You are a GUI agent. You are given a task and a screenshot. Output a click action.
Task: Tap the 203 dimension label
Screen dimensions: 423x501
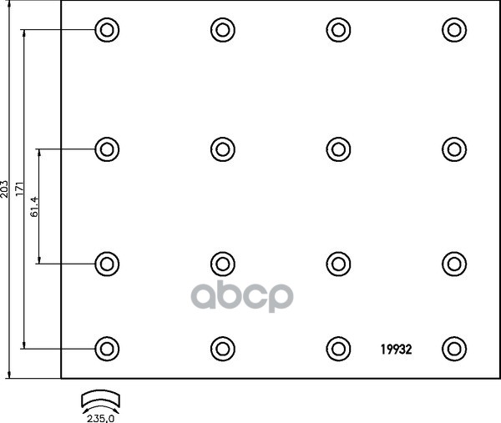(x=6, y=189)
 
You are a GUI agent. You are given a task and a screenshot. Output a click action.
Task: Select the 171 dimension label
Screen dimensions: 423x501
(x=21, y=189)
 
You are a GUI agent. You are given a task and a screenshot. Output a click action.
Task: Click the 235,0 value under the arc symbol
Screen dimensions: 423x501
(x=100, y=415)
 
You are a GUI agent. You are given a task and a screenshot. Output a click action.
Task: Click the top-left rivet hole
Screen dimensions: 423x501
(x=106, y=31)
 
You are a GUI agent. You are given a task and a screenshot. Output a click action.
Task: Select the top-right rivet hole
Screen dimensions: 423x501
(x=453, y=31)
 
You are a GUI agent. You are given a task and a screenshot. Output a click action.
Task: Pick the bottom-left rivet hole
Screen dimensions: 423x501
(x=106, y=348)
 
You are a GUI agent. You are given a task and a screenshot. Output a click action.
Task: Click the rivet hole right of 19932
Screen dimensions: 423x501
(x=453, y=348)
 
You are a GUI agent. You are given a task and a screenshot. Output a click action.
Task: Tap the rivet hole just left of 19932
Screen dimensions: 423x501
(x=337, y=348)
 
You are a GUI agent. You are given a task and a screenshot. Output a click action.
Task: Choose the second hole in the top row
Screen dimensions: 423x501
(x=221, y=31)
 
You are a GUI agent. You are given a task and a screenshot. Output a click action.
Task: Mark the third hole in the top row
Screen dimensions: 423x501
(x=337, y=31)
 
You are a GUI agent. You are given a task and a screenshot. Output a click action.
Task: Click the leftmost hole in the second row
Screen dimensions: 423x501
(x=106, y=149)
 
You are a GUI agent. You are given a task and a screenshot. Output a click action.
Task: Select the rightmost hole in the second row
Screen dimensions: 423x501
(x=453, y=149)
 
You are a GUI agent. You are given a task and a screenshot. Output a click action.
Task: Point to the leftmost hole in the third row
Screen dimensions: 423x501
(x=106, y=263)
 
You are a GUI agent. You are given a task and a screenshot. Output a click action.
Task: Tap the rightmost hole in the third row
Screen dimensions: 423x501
(x=453, y=263)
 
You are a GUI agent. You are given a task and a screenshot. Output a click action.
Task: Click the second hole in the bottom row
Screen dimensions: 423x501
(x=221, y=348)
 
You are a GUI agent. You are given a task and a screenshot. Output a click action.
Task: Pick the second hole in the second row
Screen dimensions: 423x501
(x=221, y=149)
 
